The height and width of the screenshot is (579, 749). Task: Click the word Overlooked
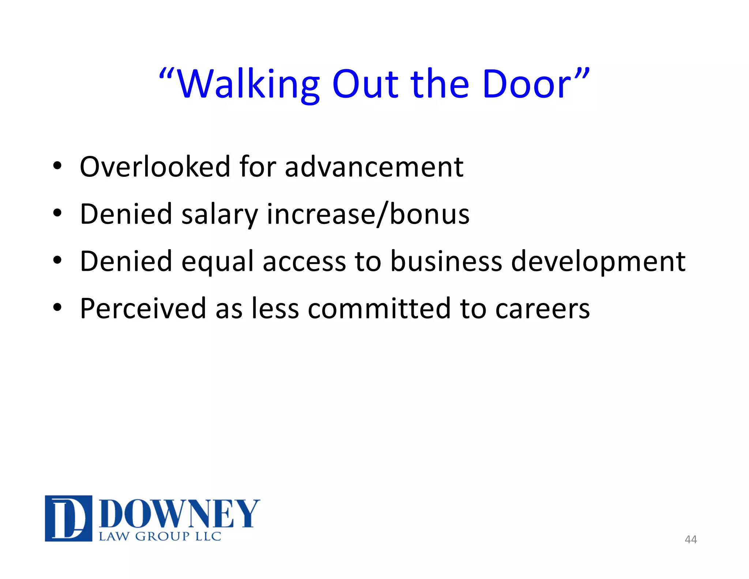pos(155,167)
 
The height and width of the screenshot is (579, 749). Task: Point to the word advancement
pos(374,167)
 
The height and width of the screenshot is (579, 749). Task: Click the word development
pos(598,262)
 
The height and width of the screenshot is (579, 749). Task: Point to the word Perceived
pos(143,309)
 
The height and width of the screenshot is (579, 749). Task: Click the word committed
pos(379,309)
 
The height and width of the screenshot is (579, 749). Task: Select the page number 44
pos(690,539)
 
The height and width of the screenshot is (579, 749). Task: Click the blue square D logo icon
pos(68,518)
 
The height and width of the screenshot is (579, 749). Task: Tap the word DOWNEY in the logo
pos(179,513)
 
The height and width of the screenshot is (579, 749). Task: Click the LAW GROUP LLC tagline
pos(160,537)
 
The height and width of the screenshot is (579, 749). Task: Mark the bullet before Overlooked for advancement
pos(57,166)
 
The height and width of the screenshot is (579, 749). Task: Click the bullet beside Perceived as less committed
pos(57,307)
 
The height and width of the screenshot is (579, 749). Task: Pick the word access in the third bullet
pos(304,262)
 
